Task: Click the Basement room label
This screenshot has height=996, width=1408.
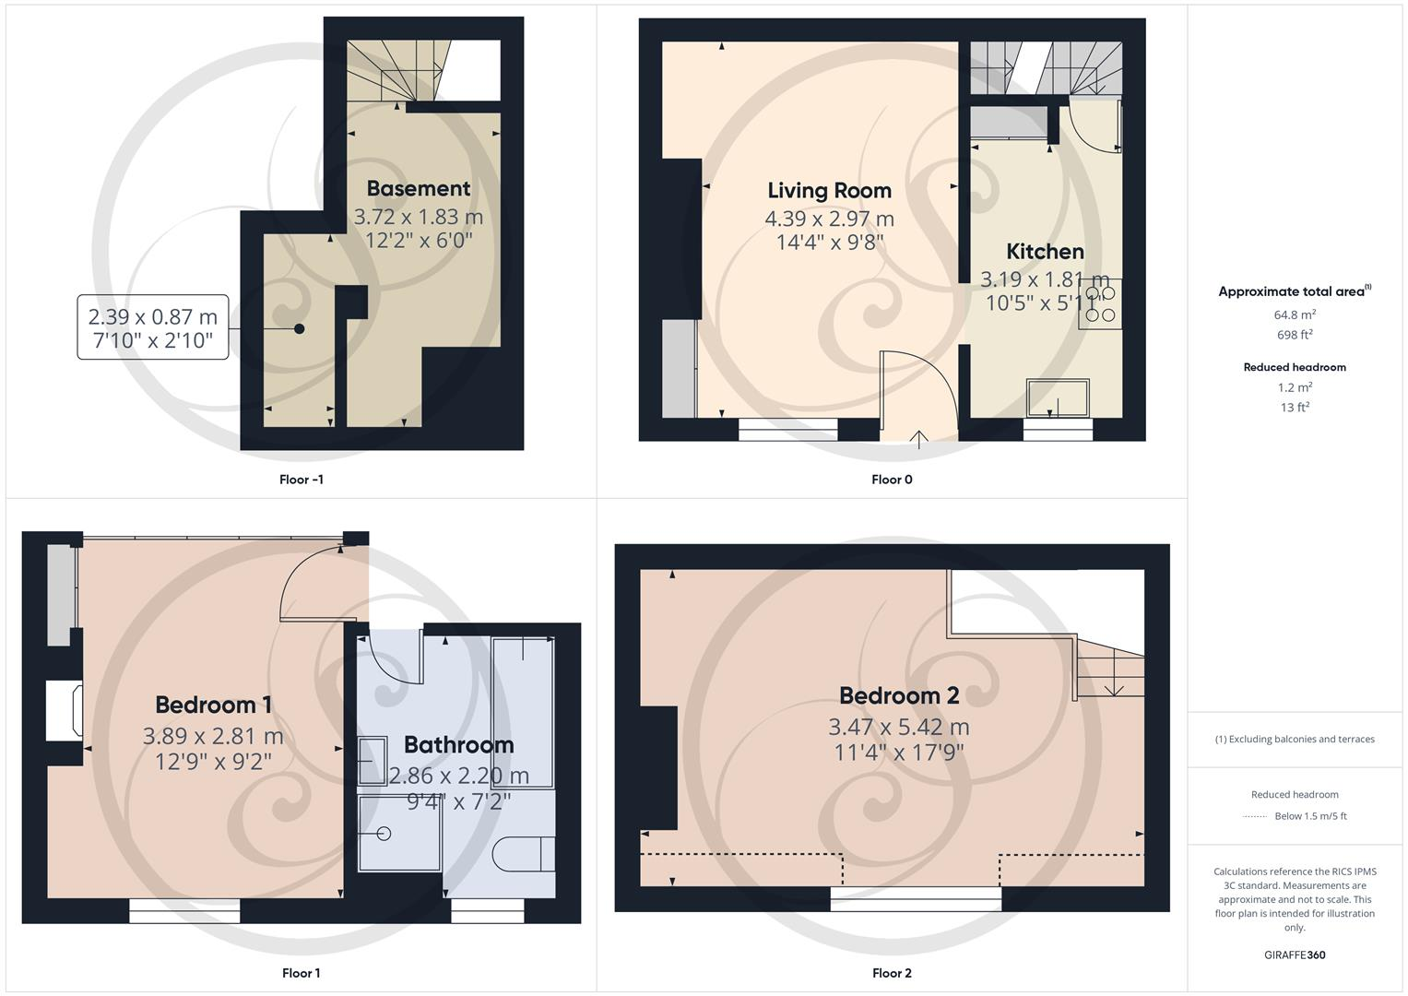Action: (418, 188)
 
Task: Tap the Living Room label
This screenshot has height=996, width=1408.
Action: (829, 190)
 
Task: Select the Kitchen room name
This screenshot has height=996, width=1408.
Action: (1044, 251)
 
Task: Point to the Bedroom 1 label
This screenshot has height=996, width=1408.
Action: (213, 705)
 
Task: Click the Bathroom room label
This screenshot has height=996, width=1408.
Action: (458, 744)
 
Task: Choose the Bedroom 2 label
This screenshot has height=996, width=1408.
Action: (898, 695)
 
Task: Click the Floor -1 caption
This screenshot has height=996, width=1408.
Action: (301, 480)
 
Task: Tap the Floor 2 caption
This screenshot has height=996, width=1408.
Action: (892, 973)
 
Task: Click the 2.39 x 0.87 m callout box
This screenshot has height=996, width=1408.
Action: (152, 327)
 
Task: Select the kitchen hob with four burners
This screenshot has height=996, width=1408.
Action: (1099, 303)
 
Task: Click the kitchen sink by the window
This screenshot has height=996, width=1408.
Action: (1057, 397)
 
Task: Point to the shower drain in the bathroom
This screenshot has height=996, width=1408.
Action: (385, 834)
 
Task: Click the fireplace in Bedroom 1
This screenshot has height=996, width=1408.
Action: (66, 710)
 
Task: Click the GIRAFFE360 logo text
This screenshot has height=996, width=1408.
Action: (1294, 954)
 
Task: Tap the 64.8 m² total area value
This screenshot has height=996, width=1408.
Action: (1294, 314)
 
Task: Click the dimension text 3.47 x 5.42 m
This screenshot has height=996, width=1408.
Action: (898, 727)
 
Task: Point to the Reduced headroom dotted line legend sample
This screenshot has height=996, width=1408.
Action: (1255, 816)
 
